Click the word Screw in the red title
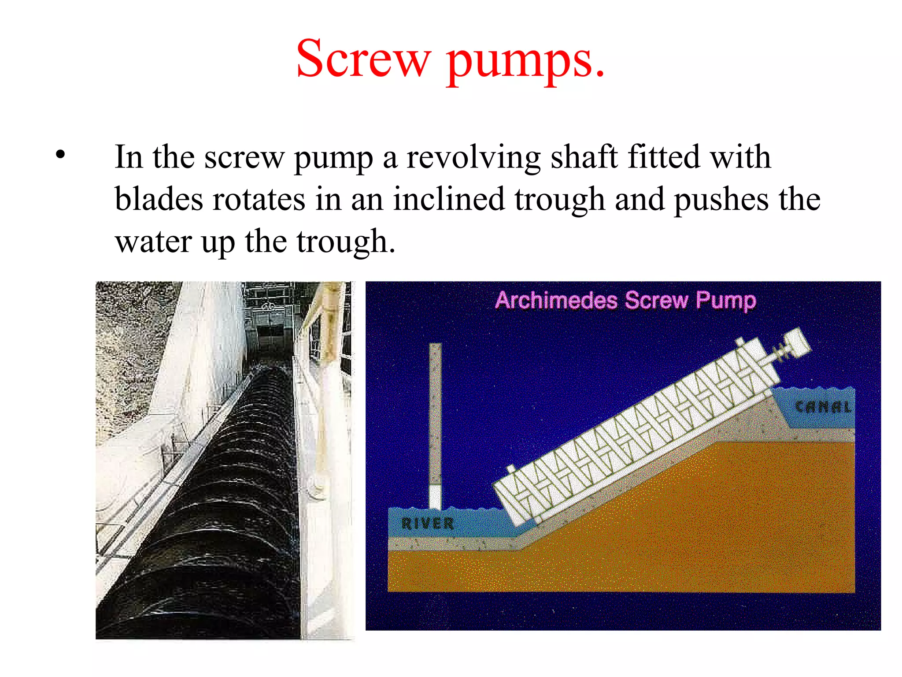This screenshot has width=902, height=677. point(363,59)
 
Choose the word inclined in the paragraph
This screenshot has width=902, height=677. point(448,199)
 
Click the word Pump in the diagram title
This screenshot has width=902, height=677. point(726,301)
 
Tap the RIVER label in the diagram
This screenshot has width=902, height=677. point(427,523)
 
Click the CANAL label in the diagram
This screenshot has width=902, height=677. point(823,406)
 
